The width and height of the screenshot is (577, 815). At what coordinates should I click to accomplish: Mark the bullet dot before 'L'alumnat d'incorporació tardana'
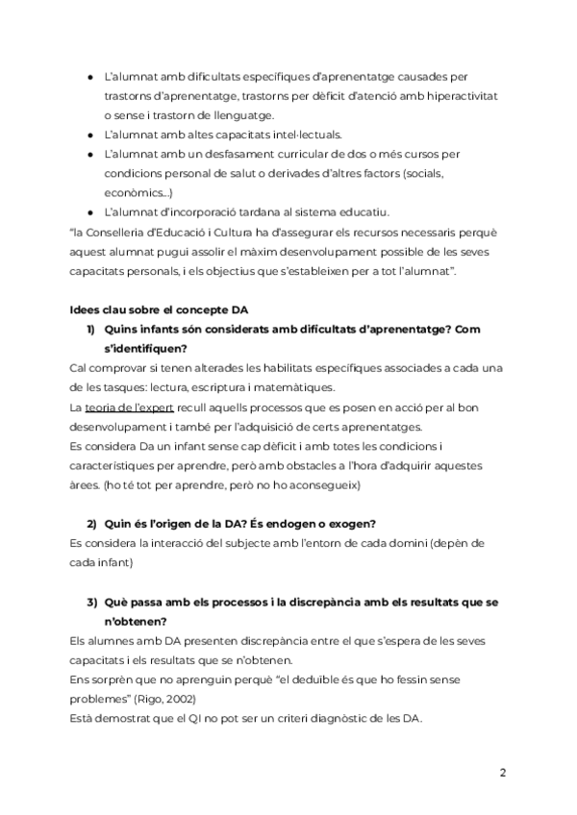pos(89,212)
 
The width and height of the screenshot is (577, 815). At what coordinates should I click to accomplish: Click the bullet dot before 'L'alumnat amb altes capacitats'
pos(89,135)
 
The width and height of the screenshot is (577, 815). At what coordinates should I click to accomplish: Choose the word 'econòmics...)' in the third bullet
pos(138,193)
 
